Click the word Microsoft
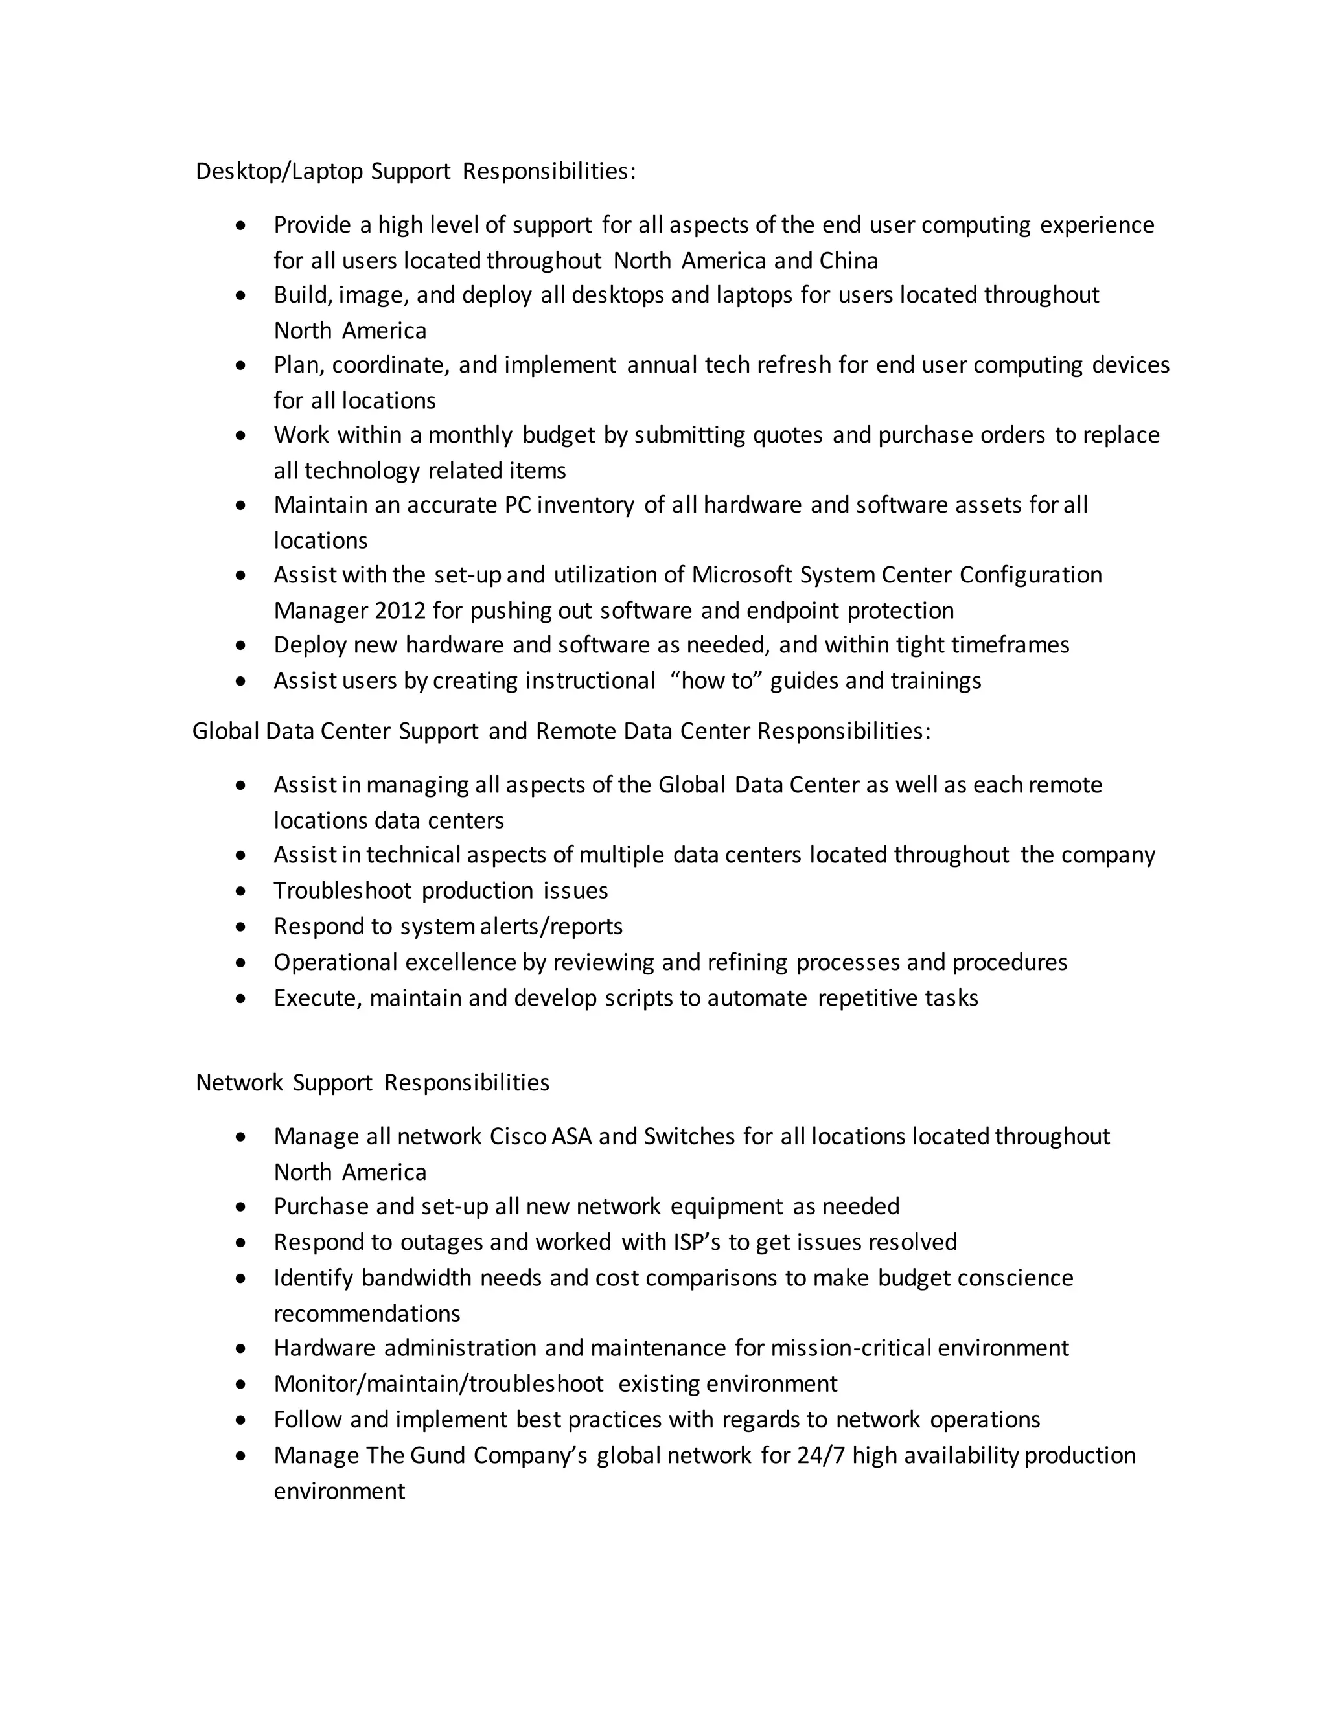click(x=741, y=575)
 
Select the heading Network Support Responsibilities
click(x=372, y=1082)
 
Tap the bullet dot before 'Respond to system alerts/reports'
click(x=240, y=927)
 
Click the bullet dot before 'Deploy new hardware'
click(x=240, y=645)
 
